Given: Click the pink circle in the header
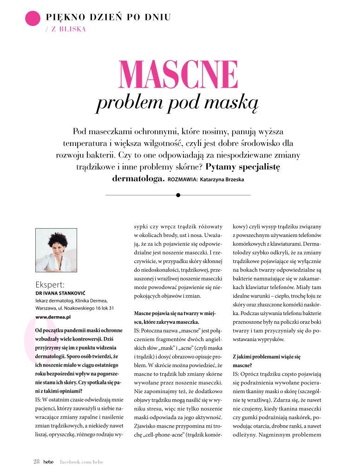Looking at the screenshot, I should [33, 18].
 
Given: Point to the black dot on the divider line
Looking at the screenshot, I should [178, 195].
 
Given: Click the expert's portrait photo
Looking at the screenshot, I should [56, 250].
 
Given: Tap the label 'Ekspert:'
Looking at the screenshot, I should [50, 285].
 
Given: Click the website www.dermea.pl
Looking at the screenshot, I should [53, 316].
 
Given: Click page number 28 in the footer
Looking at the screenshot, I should [36, 461].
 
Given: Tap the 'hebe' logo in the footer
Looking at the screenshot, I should [48, 462].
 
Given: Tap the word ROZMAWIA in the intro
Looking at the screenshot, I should [183, 179].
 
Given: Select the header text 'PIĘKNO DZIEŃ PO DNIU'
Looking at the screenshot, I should [108, 18].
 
